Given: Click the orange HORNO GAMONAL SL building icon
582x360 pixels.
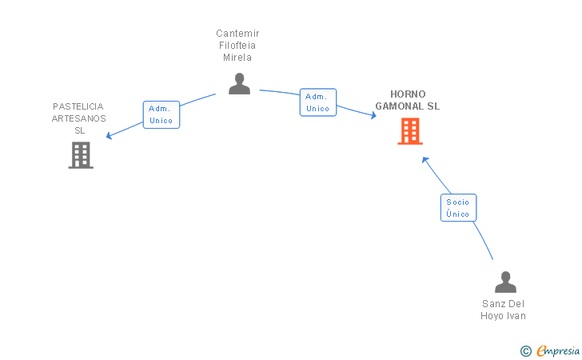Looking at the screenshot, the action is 410,130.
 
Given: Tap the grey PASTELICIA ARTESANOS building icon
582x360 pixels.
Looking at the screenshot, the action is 81,155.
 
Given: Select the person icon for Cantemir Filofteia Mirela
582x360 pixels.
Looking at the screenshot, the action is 239,83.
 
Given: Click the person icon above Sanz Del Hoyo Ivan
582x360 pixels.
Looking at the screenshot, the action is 505,282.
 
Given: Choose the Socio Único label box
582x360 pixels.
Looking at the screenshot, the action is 458,208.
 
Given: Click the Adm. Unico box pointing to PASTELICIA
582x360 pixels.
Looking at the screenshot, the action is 161,114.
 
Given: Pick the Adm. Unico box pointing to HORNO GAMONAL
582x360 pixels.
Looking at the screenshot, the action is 318,102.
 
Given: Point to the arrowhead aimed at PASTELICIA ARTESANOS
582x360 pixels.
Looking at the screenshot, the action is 109,136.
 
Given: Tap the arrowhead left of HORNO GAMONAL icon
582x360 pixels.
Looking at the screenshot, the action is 373,115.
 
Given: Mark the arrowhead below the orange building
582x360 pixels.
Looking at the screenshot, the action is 425,160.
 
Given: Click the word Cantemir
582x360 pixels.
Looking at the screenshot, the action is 237,34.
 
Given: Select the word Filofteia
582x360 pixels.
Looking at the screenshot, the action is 237,46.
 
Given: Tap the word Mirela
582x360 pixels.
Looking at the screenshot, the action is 237,58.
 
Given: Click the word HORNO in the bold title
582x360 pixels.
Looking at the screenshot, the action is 408,94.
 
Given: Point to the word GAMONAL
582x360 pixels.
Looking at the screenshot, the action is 400,106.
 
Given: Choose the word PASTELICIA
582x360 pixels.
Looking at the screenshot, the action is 78,106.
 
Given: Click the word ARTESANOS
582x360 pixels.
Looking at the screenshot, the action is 78,118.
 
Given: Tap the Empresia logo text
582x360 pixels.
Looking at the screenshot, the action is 558,350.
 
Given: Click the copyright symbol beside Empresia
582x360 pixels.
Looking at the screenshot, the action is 526,351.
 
